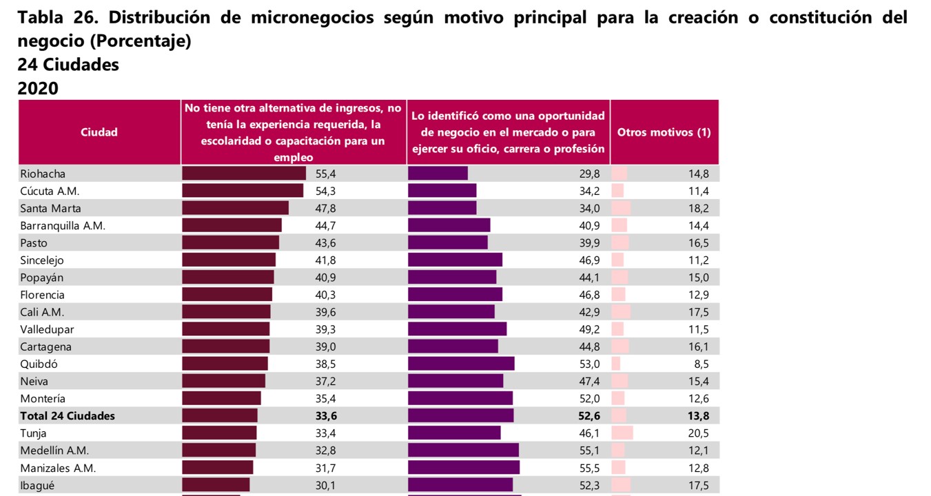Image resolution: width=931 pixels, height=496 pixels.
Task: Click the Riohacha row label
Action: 43,174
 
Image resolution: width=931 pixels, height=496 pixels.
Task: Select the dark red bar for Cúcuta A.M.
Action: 243,191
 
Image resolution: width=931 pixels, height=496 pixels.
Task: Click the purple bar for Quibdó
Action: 461,364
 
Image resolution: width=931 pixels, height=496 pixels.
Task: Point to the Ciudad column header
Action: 99,132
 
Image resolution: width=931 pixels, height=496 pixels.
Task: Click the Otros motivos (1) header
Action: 664,132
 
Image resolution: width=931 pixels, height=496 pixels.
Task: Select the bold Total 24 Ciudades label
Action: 68,415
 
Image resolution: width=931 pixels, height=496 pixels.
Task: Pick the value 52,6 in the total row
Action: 589,415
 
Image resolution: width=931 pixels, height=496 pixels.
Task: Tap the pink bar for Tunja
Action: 622,433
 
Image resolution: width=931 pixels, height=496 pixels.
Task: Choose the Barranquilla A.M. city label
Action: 63,225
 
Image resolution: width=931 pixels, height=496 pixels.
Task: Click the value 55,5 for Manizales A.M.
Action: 589,468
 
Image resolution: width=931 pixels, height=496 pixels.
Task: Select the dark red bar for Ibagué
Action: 216,485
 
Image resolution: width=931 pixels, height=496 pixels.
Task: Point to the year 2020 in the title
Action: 38,88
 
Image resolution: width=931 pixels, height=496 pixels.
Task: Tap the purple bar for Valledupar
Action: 457,329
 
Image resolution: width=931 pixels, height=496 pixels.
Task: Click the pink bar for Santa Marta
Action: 621,208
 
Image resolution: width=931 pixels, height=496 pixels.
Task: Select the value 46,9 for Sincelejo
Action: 589,260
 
